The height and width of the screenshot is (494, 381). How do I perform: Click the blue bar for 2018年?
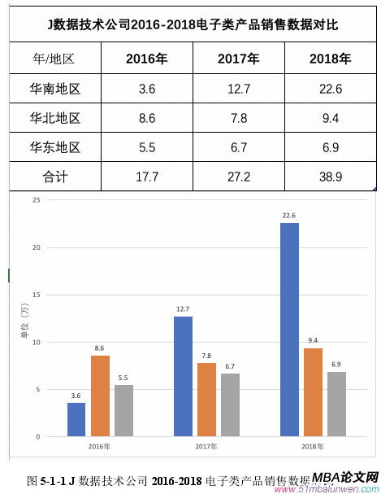point(289,330)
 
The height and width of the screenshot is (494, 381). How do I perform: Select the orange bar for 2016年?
point(100,396)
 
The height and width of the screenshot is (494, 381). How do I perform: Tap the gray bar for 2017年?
point(230,404)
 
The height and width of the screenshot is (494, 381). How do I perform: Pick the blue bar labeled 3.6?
point(76,419)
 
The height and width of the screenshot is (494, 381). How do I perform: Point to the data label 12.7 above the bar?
point(183,309)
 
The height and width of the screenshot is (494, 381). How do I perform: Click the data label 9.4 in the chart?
point(313,341)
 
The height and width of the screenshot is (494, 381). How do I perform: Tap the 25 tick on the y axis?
point(35,200)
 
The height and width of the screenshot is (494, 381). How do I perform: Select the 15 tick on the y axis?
point(35,295)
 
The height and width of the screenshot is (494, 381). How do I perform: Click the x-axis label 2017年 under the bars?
point(206,447)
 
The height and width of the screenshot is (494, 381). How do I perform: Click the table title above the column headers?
point(193,24)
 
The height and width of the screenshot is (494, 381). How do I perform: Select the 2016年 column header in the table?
point(147,59)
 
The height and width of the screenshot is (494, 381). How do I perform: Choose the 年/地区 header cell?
point(54,59)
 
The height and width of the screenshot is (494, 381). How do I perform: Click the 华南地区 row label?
point(54,89)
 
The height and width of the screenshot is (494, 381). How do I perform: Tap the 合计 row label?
point(54,177)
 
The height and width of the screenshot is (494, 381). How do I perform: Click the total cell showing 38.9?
point(331,177)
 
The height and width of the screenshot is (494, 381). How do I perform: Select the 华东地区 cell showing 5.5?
point(147,147)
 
